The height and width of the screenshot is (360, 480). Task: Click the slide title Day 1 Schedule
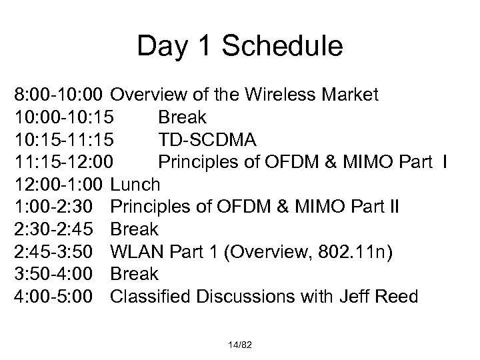pyautogui.click(x=239, y=46)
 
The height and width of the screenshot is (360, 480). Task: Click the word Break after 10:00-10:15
pyautogui.click(x=182, y=117)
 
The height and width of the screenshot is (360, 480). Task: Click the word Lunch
pyautogui.click(x=135, y=185)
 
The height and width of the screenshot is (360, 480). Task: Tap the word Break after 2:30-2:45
pyautogui.click(x=134, y=229)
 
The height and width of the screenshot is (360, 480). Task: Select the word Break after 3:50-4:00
pyautogui.click(x=134, y=274)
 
